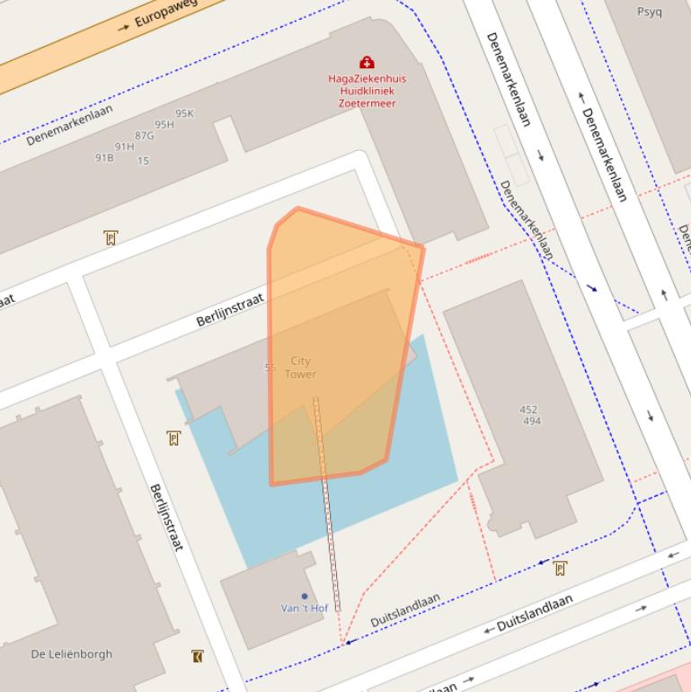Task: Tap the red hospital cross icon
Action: coord(367,62)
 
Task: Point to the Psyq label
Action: coord(649,12)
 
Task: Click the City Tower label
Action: coord(300,368)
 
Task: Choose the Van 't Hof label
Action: coord(304,608)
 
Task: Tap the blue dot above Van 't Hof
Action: coord(305,596)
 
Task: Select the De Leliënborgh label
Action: coord(71,653)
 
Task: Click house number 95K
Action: coord(184,113)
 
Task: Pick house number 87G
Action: coord(144,136)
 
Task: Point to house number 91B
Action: coord(104,158)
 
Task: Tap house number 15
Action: coord(144,162)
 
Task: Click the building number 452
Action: coord(528,410)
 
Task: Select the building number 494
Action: coord(532,421)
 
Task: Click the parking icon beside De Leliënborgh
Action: coord(198,656)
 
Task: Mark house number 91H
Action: coord(124,146)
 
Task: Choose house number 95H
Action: coord(164,125)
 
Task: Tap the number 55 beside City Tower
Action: coord(270,368)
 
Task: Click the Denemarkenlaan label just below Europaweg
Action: coord(69,125)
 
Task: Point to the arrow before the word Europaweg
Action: coord(124,29)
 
